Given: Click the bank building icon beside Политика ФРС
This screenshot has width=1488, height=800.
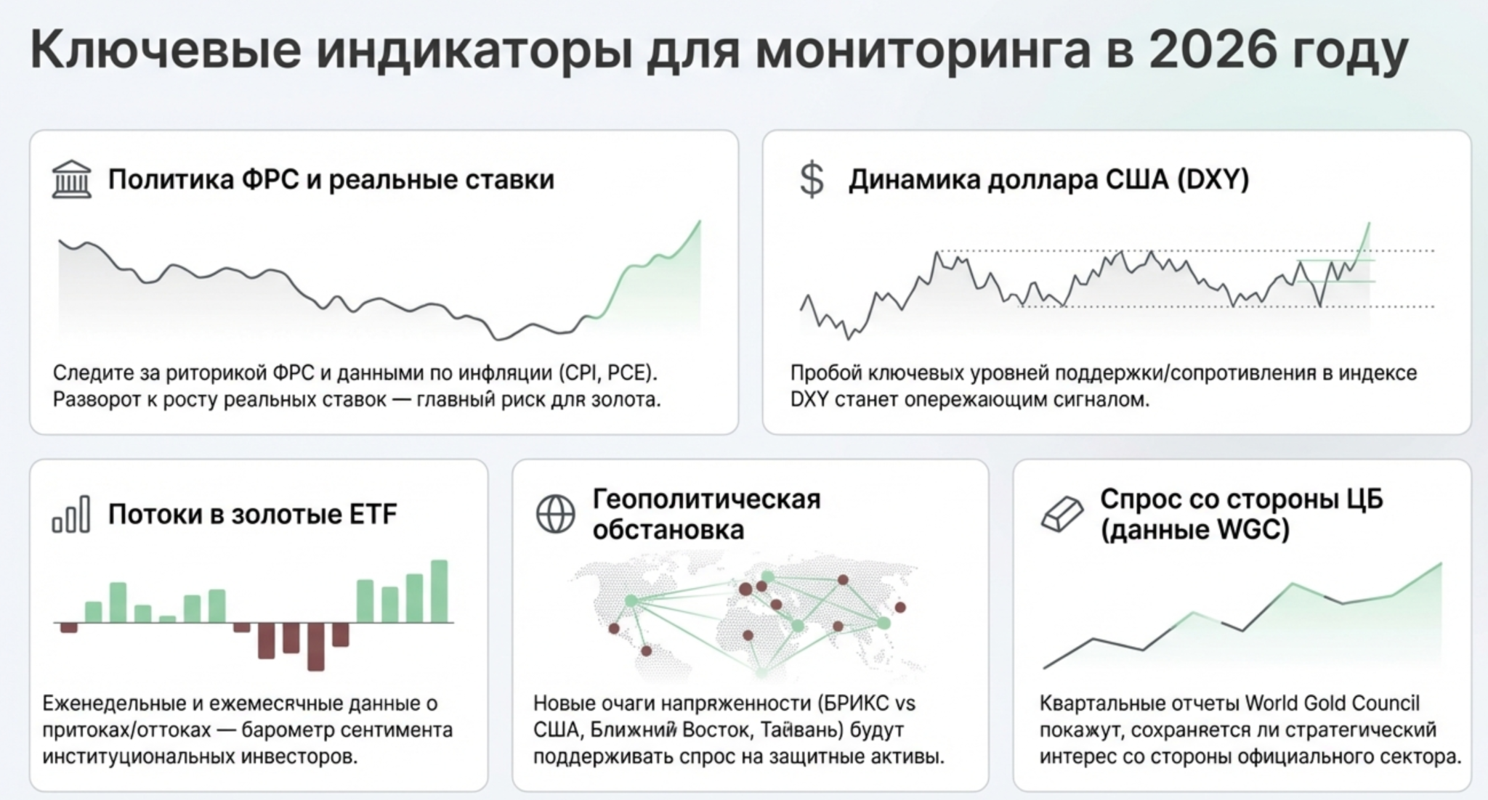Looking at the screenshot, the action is pos(72,179).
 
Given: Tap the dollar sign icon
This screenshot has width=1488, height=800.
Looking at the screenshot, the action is pos(812,180).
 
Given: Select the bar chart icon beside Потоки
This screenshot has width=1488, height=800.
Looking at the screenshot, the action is pos(71,515).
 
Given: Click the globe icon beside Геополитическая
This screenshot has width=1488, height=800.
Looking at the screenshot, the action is pos(555,514).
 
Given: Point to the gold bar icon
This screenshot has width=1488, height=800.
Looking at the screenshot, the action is pos(1062,514).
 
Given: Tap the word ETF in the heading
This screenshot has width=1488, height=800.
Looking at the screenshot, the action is pos(373,514).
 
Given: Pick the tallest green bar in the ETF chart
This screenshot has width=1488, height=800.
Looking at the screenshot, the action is pos(440,591).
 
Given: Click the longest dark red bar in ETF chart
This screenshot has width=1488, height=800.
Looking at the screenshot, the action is pos(316,646).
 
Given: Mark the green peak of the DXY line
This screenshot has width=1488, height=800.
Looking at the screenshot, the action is pos(1369,224).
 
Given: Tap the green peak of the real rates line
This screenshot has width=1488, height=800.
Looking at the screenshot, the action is pos(700,221).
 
